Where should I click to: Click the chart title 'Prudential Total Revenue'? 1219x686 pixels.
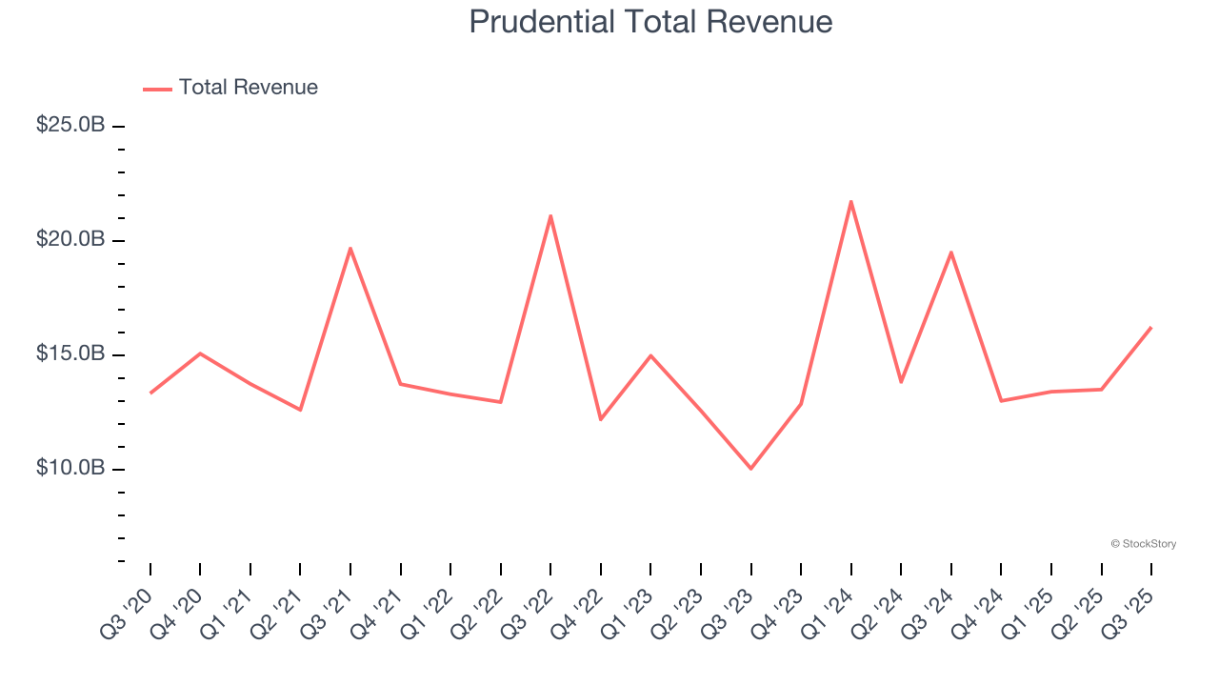tap(650, 22)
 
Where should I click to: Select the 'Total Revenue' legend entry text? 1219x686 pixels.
tap(248, 88)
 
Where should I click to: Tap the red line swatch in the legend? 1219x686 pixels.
tap(157, 89)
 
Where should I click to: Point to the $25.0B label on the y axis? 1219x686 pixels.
tap(70, 125)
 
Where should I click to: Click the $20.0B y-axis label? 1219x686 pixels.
tap(70, 239)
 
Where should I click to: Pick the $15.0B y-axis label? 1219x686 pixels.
tap(70, 353)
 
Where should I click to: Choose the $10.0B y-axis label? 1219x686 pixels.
tap(70, 468)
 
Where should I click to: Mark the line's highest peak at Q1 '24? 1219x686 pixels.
tap(850, 201)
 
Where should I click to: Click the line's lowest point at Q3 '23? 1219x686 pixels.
tap(750, 469)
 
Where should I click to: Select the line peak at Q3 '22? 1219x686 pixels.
tap(550, 215)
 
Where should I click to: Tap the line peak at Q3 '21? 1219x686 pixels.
tap(350, 248)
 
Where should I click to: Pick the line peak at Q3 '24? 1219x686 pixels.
tap(950, 252)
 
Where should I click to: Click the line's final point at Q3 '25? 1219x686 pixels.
tap(1150, 328)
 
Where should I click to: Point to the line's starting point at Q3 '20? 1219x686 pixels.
tap(150, 393)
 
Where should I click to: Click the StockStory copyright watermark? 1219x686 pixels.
tap(1143, 544)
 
